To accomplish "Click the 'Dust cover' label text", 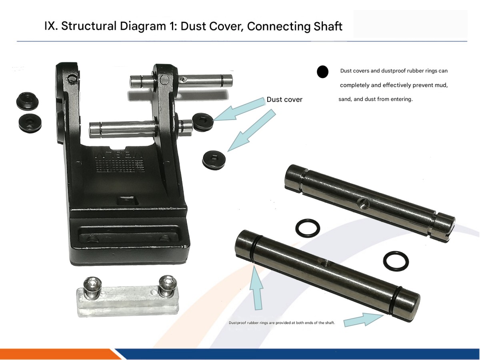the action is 284,100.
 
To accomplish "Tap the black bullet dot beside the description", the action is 322,72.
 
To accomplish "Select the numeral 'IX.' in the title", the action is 51,26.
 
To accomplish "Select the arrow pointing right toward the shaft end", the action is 364,320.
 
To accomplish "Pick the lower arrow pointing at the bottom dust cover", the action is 252,130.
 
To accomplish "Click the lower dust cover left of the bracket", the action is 30,123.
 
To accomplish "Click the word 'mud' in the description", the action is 441,85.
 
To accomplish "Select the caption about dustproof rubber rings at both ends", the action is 282,323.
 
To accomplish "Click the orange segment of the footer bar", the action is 59,354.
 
